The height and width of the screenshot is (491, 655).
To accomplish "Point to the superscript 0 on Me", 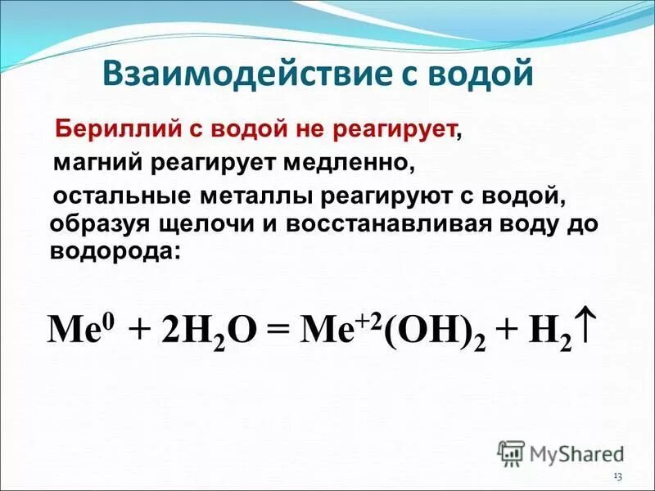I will tap(111, 318).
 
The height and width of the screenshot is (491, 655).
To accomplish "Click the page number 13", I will tap(617, 477).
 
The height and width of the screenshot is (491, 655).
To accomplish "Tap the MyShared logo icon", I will tap(512, 453).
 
